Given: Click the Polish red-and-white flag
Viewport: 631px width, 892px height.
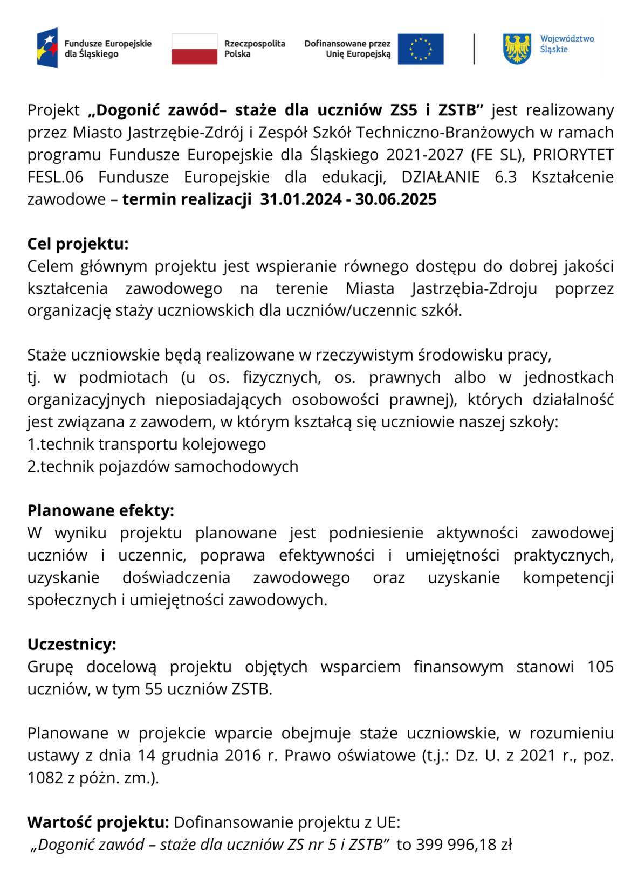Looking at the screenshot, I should (x=194, y=49).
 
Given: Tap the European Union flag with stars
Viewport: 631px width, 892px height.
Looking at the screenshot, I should (x=420, y=49).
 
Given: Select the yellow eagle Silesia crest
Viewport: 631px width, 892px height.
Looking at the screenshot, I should (x=517, y=49).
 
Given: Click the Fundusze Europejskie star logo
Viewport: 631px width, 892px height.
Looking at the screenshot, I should (x=47, y=48).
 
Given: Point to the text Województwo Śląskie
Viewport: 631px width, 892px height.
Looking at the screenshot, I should (x=566, y=44).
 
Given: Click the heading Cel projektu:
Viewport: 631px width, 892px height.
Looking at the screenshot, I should (x=78, y=244).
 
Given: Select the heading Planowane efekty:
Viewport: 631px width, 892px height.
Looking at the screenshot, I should (x=100, y=510).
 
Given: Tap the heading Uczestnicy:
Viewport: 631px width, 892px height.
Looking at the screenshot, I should (x=72, y=644).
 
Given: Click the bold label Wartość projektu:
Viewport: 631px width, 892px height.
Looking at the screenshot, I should (x=98, y=822).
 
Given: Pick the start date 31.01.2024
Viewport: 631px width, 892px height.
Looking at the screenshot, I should (x=300, y=199).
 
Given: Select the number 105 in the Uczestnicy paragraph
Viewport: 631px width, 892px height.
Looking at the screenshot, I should (x=600, y=667).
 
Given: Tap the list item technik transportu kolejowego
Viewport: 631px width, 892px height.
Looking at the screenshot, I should (x=147, y=444).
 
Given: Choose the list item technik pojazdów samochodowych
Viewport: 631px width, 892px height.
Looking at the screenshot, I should (x=163, y=466).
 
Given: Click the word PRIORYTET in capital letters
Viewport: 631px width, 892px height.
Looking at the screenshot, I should (x=573, y=155).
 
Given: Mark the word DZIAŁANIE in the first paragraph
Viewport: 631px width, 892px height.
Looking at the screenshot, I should (x=440, y=177).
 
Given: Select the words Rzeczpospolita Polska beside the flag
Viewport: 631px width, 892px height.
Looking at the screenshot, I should (x=254, y=49).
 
